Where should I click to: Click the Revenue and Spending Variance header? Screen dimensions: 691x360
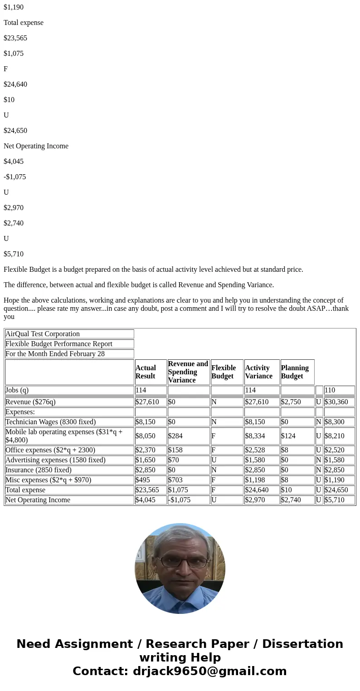coord(188,372)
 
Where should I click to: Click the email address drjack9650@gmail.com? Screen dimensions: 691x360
coord(209,671)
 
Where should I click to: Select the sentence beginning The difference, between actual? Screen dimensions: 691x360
coord(139,285)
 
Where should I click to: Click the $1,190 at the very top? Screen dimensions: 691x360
coord(14,7)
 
